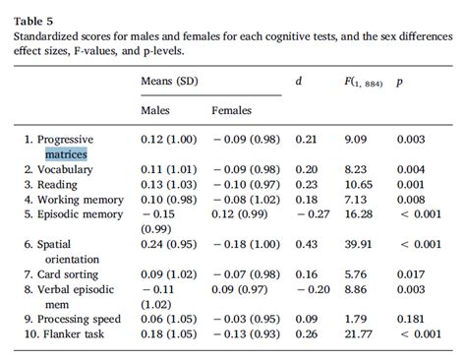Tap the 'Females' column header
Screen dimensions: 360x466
(x=233, y=111)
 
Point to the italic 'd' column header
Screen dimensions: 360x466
(x=298, y=81)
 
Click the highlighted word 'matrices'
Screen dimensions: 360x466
(x=65, y=154)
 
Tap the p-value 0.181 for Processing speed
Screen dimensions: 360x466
(x=411, y=320)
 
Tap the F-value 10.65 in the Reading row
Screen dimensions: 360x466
(x=360, y=184)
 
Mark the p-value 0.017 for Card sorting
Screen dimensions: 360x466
(x=411, y=274)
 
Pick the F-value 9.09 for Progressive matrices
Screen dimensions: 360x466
(x=356, y=140)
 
